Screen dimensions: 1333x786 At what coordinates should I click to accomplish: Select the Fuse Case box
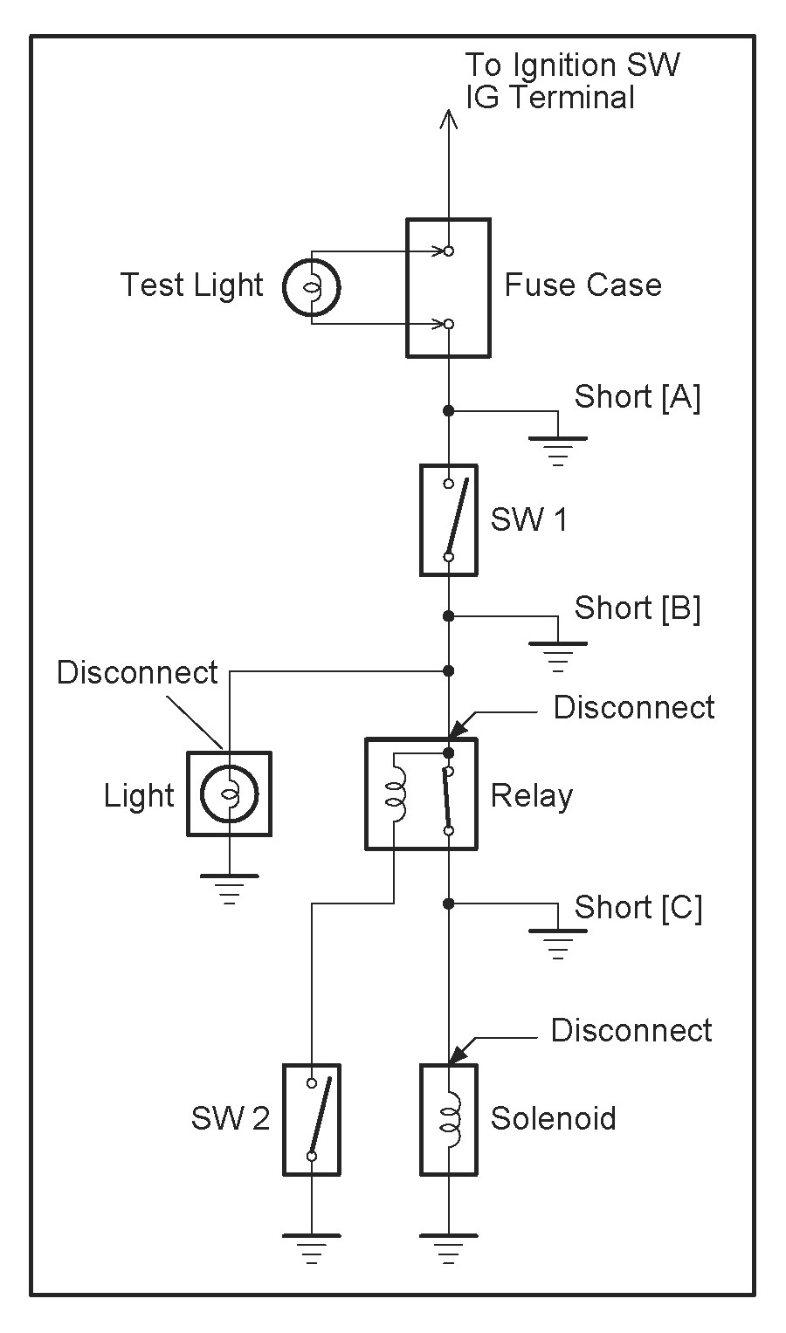click(448, 287)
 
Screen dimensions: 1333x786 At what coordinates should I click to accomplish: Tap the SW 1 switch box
click(448, 519)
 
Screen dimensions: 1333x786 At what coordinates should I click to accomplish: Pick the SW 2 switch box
click(312, 1119)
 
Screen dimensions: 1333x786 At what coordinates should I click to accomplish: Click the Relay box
click(421, 794)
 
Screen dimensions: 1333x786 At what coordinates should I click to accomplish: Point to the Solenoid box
click(448, 1119)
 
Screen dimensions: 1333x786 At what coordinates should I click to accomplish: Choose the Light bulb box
click(229, 794)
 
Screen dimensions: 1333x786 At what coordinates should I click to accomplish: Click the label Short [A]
click(637, 397)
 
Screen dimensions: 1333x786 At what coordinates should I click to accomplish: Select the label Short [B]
click(637, 608)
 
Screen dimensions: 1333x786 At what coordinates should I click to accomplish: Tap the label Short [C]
click(638, 908)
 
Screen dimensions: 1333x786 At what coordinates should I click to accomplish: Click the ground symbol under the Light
click(229, 885)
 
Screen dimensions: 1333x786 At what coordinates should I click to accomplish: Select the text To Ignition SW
click(572, 65)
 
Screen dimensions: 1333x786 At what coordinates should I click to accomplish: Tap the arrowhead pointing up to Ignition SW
click(448, 119)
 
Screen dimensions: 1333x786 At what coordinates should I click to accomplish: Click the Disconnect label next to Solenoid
click(631, 1031)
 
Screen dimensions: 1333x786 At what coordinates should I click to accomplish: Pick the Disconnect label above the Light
click(137, 673)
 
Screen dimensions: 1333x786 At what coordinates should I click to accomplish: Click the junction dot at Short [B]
click(448, 616)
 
